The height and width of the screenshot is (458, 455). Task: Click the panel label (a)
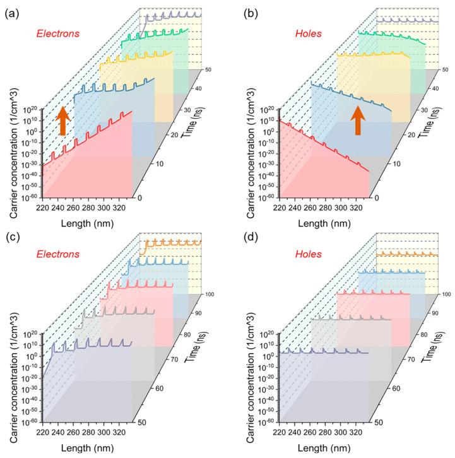coord(11,8)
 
